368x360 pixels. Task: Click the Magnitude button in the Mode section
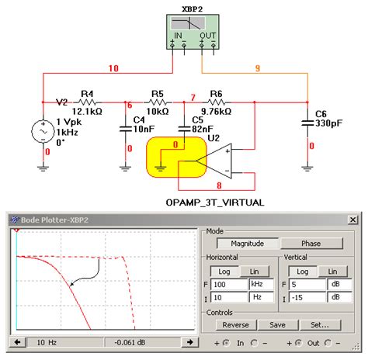pyautogui.click(x=239, y=243)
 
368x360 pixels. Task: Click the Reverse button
pyautogui.click(x=235, y=325)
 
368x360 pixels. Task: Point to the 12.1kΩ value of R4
pyautogui.click(x=89, y=112)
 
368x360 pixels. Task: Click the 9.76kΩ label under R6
pyautogui.click(x=216, y=112)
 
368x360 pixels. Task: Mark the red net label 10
pyautogui.click(x=113, y=69)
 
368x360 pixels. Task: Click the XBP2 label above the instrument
pyautogui.click(x=193, y=8)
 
